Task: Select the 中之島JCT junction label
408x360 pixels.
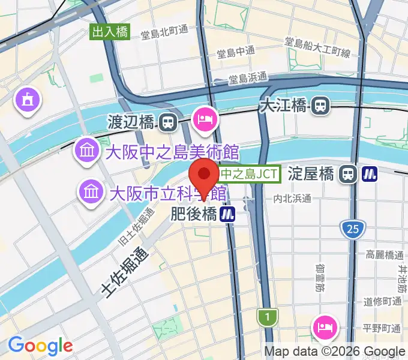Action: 249,174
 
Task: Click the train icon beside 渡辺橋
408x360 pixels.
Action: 168,123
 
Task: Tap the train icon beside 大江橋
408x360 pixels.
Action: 321,106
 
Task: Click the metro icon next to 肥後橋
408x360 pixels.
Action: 227,214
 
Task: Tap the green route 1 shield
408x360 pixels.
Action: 264,316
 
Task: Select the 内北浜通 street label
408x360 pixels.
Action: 292,199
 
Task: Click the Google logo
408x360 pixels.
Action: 40,346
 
